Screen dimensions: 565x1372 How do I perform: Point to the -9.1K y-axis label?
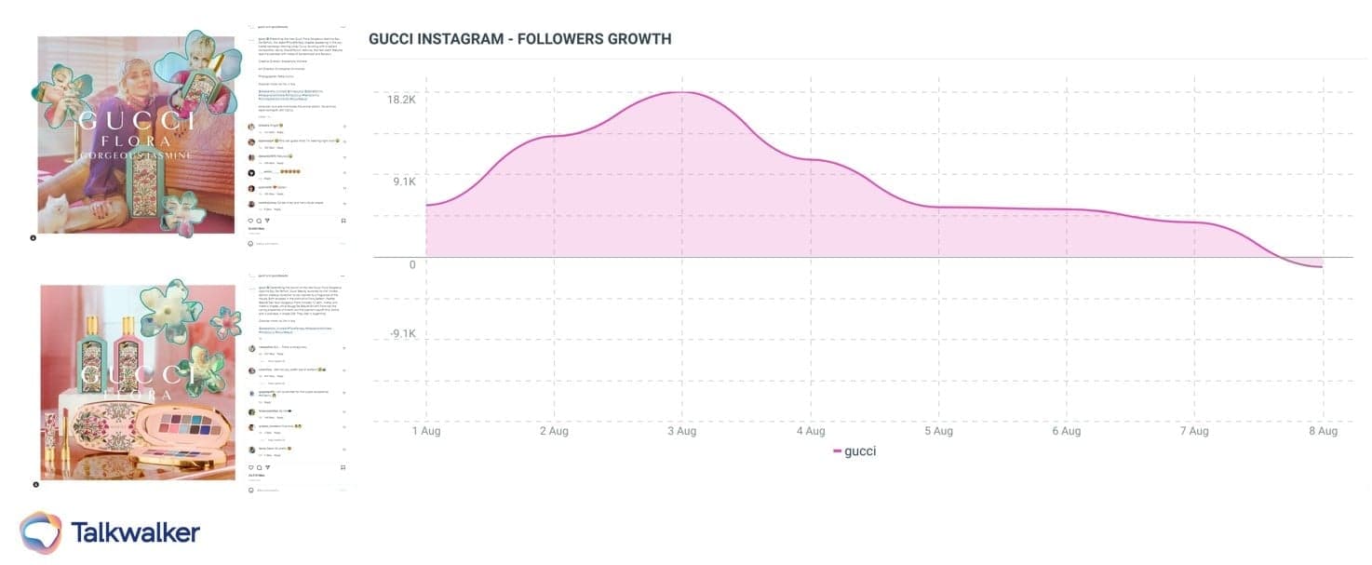click(402, 334)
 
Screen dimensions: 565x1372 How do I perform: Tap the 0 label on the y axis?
click(412, 264)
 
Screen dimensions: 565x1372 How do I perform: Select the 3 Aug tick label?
click(682, 431)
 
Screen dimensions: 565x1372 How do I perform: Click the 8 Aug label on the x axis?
click(1323, 431)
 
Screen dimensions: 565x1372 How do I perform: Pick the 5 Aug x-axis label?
click(938, 431)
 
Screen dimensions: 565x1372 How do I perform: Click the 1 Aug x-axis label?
click(426, 431)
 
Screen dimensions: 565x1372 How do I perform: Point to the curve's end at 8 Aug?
click(1322, 267)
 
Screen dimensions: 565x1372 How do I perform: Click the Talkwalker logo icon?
click(40, 532)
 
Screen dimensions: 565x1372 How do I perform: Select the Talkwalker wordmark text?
click(135, 532)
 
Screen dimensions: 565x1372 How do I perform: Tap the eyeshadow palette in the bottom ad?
click(182, 429)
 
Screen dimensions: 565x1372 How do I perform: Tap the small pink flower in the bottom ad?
click(225, 322)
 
